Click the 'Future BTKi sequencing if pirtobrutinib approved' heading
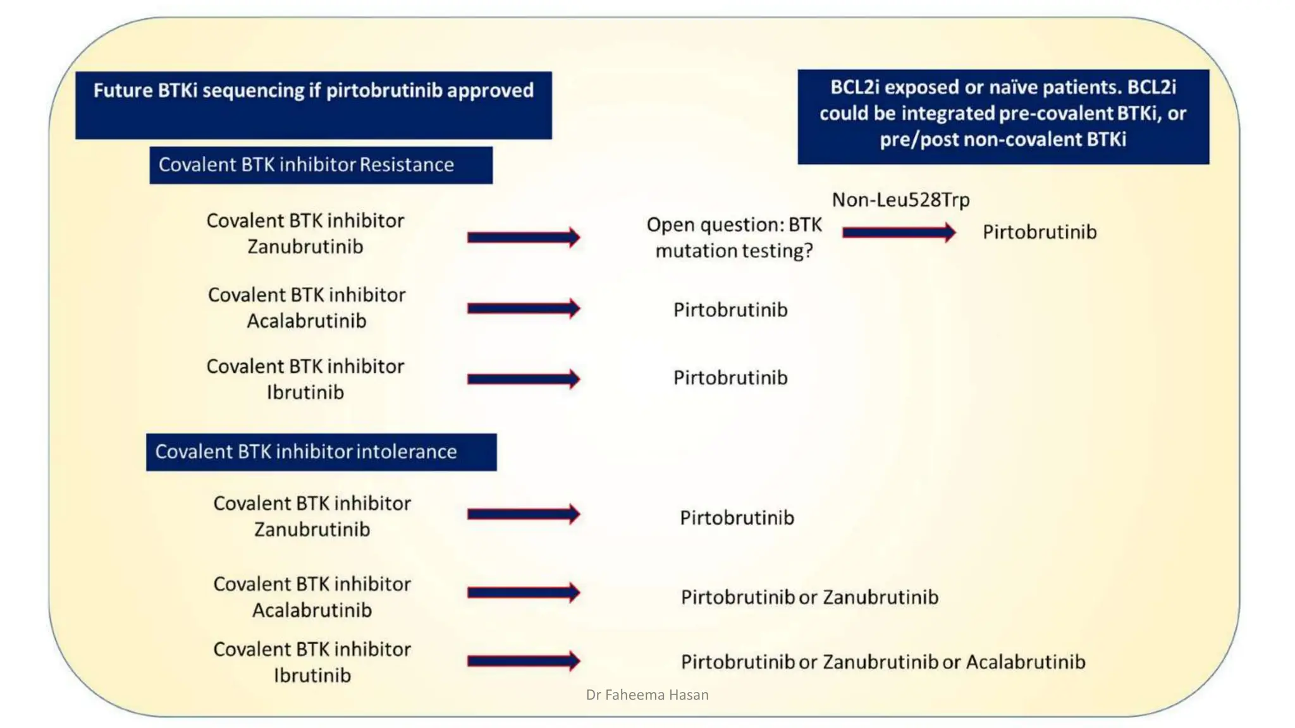pyautogui.click(x=313, y=91)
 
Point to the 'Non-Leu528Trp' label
pyautogui.click(x=900, y=200)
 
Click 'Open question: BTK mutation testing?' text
pyautogui.click(x=733, y=238)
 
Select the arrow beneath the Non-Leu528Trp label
pyautogui.click(x=899, y=233)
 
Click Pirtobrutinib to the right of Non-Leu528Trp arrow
pyautogui.click(x=1040, y=233)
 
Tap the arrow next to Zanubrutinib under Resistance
pyautogui.click(x=523, y=238)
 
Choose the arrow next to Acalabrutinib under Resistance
pyautogui.click(x=523, y=308)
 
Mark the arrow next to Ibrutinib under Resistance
pyautogui.click(x=523, y=379)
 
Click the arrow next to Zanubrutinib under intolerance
pyautogui.click(x=523, y=514)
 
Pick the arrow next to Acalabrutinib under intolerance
pyautogui.click(x=523, y=593)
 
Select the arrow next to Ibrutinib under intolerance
pyautogui.click(x=523, y=661)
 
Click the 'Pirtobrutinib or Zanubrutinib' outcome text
pyautogui.click(x=809, y=597)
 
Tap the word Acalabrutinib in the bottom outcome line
pyautogui.click(x=1026, y=662)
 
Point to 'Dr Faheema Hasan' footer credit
pyautogui.click(x=647, y=695)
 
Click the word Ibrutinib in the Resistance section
pyautogui.click(x=305, y=392)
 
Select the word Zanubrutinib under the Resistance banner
pyautogui.click(x=305, y=246)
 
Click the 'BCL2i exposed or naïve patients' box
pyautogui.click(x=1003, y=114)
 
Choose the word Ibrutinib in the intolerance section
pyautogui.click(x=312, y=676)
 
